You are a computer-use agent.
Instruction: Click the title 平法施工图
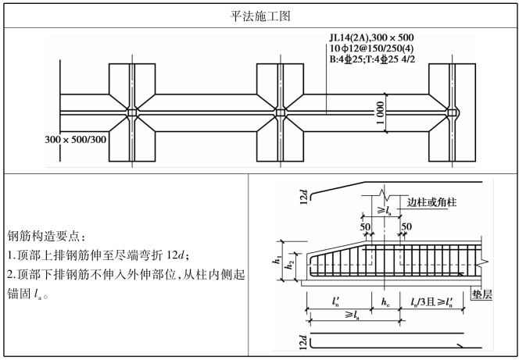[259, 15]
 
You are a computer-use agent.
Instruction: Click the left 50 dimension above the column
[365, 226]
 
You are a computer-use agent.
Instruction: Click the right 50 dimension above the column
[406, 226]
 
